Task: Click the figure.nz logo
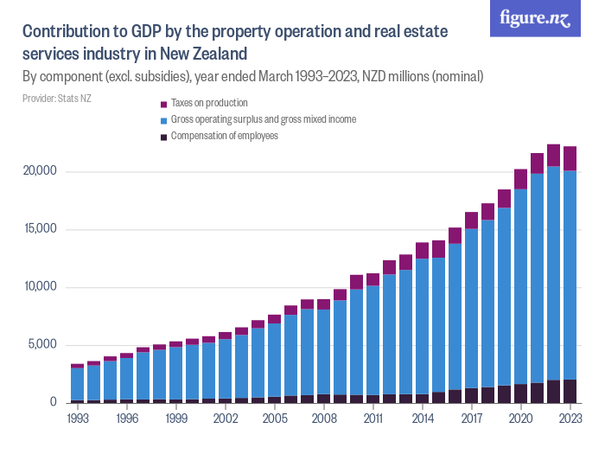(x=535, y=20)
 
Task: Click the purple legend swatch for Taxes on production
(x=164, y=104)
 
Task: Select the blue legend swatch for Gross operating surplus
(x=164, y=120)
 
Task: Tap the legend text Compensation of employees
(x=224, y=136)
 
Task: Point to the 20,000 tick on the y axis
(x=38, y=171)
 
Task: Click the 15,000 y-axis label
(x=38, y=229)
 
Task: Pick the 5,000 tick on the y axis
(x=41, y=345)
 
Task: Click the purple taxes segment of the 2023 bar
(x=570, y=158)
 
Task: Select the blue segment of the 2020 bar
(x=520, y=285)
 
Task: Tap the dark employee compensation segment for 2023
(x=570, y=391)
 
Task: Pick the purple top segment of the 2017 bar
(x=471, y=220)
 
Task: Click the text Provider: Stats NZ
(x=56, y=99)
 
